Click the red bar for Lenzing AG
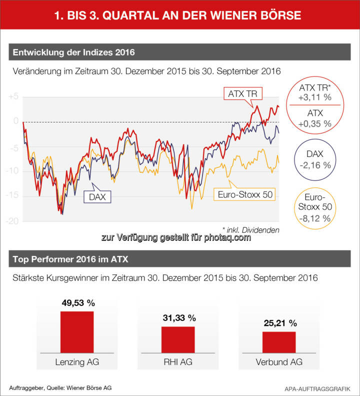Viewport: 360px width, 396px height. click(x=77, y=332)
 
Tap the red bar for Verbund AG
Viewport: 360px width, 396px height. click(x=278, y=342)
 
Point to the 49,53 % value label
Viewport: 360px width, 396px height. click(x=77, y=303)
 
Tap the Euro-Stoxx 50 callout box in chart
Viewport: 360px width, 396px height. click(x=244, y=194)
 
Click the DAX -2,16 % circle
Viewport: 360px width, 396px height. click(x=315, y=160)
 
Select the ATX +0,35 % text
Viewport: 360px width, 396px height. click(x=315, y=118)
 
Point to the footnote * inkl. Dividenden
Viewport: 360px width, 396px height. click(x=250, y=229)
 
